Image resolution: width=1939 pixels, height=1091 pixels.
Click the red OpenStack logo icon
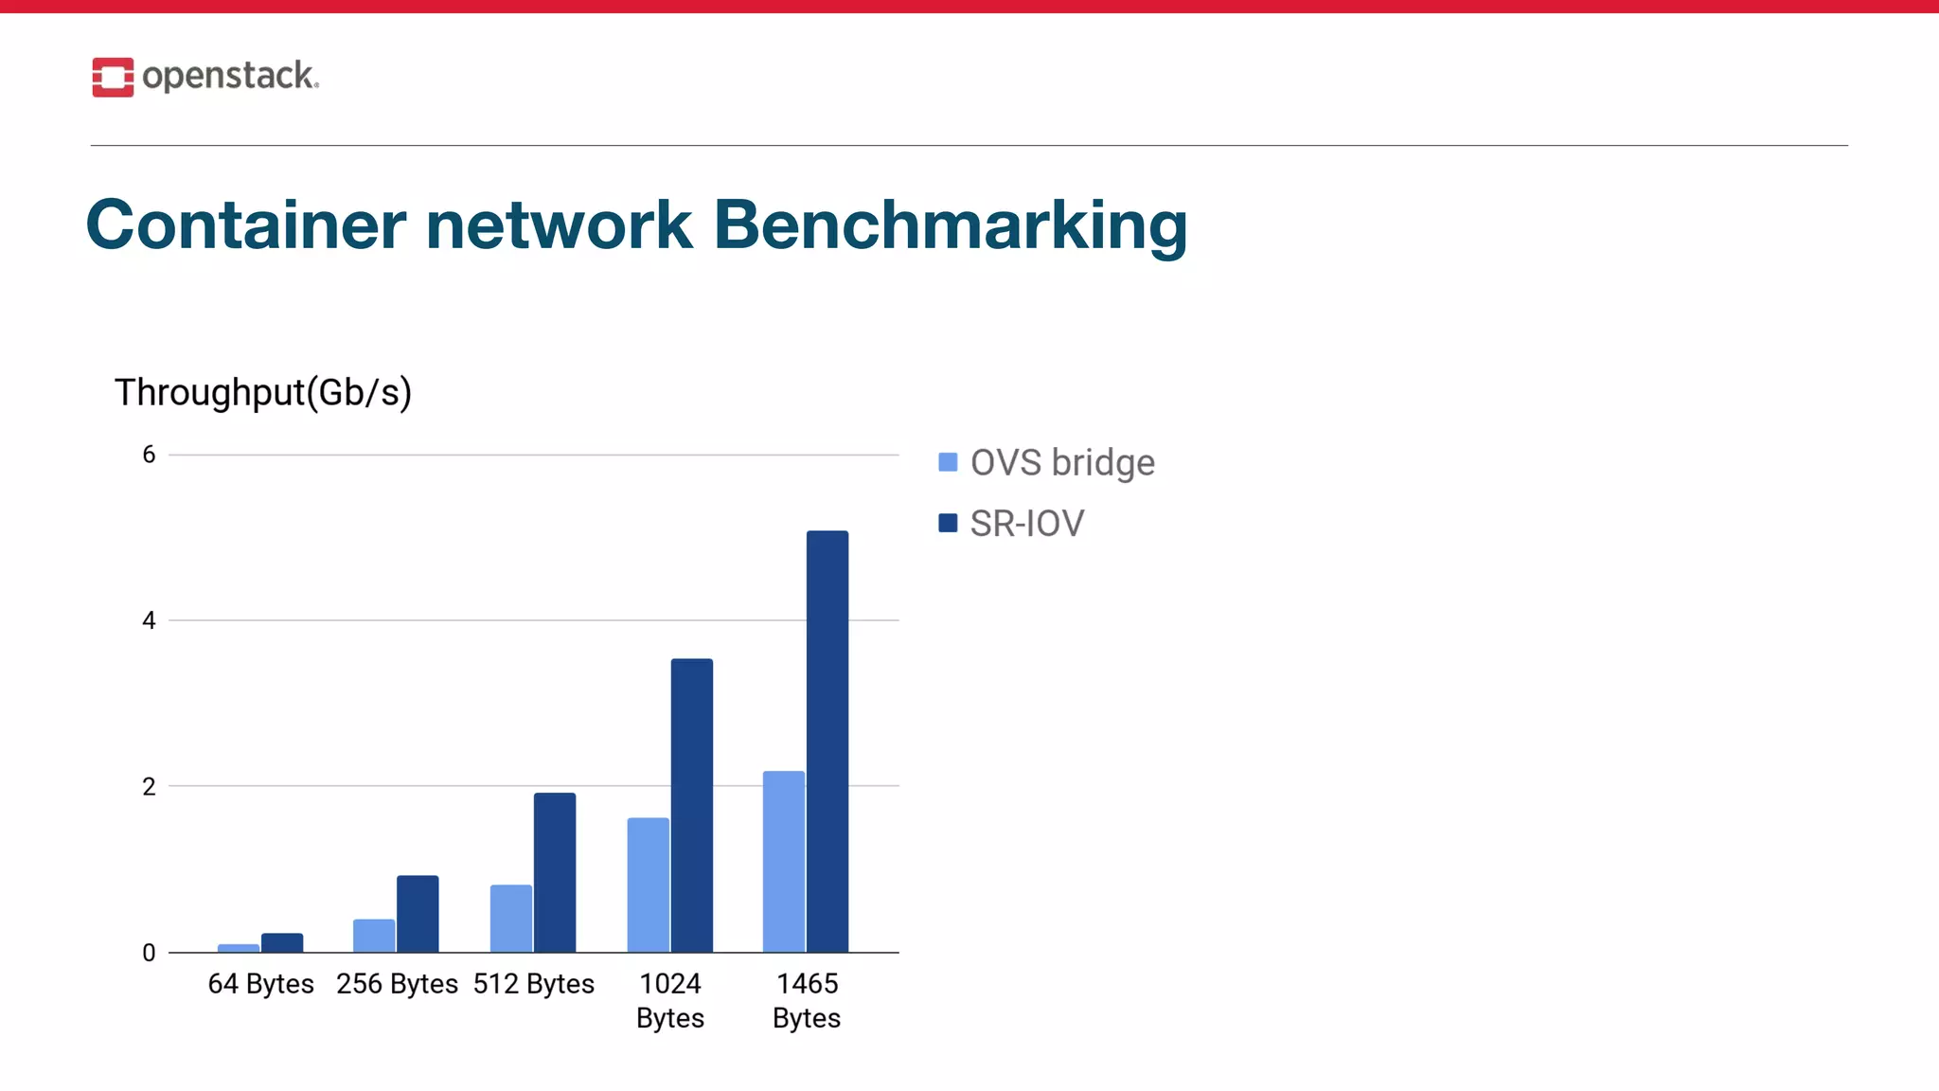tap(113, 77)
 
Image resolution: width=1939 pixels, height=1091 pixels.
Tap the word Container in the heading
tap(246, 225)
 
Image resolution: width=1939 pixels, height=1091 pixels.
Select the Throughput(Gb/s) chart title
tap(263, 392)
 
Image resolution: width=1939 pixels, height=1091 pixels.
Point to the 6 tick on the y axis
tap(149, 455)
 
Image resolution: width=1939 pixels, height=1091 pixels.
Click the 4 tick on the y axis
tap(149, 620)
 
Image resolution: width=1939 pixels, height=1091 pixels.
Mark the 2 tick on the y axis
tap(149, 786)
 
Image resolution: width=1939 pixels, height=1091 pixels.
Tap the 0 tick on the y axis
tap(149, 953)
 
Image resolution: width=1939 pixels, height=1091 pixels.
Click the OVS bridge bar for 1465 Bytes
tap(783, 862)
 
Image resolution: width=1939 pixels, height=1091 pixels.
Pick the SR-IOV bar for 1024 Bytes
tap(691, 805)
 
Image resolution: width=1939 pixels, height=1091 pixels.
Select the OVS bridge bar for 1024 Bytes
tap(648, 885)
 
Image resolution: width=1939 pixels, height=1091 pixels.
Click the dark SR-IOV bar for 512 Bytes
tap(555, 872)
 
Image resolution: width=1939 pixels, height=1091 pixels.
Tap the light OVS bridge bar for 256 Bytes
tap(374, 936)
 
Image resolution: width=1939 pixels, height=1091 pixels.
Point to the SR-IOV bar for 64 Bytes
tap(282, 943)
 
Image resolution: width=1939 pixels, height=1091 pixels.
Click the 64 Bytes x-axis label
tap(260, 984)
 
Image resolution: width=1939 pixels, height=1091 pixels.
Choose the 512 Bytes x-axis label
tap(534, 984)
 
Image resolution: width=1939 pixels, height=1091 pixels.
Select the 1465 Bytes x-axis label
tap(807, 1001)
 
